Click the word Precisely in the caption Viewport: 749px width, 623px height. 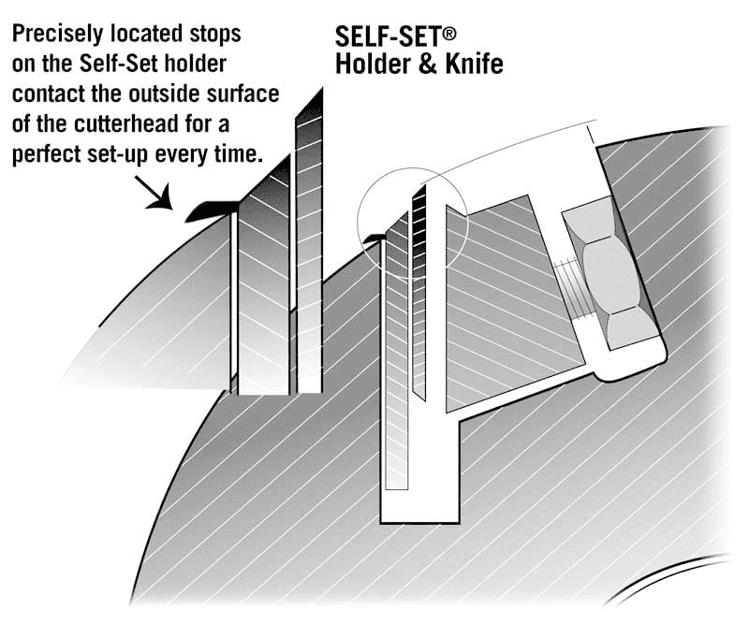57,35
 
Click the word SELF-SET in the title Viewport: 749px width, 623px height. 388,36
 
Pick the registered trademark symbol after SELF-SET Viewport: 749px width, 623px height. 449,34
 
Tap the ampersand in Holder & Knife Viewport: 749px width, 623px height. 428,65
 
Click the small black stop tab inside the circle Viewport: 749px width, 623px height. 374,238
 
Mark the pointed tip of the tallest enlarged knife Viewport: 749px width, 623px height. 321,88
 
